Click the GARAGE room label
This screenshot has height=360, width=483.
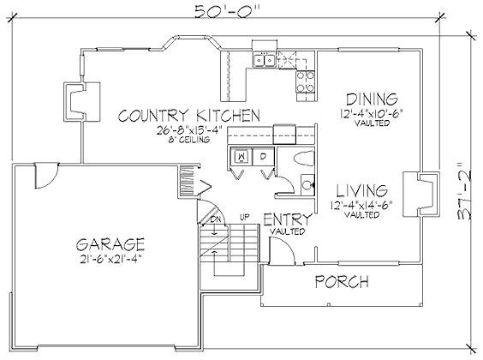(110, 244)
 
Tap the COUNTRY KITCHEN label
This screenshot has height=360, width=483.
(189, 116)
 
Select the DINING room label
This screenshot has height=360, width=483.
(373, 99)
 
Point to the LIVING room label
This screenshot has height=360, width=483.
(361, 191)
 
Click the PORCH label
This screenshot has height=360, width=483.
(342, 281)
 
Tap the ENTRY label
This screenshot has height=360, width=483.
(288, 219)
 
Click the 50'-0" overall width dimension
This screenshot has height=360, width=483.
(225, 11)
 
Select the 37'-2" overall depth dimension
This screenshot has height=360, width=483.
(464, 190)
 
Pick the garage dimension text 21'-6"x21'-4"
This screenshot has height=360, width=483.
(110, 259)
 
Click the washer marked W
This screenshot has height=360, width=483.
(241, 157)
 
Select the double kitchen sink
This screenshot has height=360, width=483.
(264, 59)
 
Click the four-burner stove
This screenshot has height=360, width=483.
(305, 81)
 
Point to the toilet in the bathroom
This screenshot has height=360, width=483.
(304, 159)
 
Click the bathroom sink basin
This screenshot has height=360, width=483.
(307, 184)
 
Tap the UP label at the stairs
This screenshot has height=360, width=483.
(244, 218)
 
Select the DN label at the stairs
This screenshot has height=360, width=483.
(215, 219)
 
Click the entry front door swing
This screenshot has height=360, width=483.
(282, 250)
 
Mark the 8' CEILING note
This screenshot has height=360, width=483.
(188, 140)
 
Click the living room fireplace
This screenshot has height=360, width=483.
(421, 195)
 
